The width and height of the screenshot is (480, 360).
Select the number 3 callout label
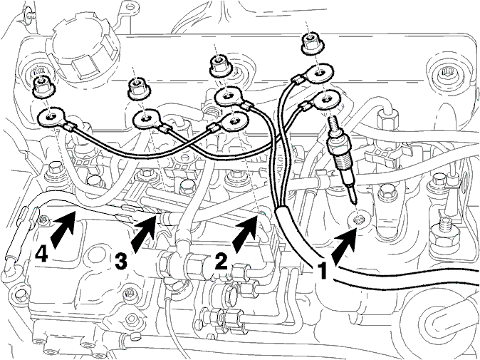121,262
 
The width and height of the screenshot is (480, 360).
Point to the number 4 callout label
41,254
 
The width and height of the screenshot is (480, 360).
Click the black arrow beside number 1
345,247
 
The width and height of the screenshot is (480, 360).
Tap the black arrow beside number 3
144,233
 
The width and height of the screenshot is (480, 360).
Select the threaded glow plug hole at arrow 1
358,220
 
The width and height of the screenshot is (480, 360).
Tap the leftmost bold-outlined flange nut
44,87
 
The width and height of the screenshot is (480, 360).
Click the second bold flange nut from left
139,88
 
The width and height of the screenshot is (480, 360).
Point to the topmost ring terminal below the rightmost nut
319,73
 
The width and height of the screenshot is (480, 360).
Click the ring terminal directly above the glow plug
326,99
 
